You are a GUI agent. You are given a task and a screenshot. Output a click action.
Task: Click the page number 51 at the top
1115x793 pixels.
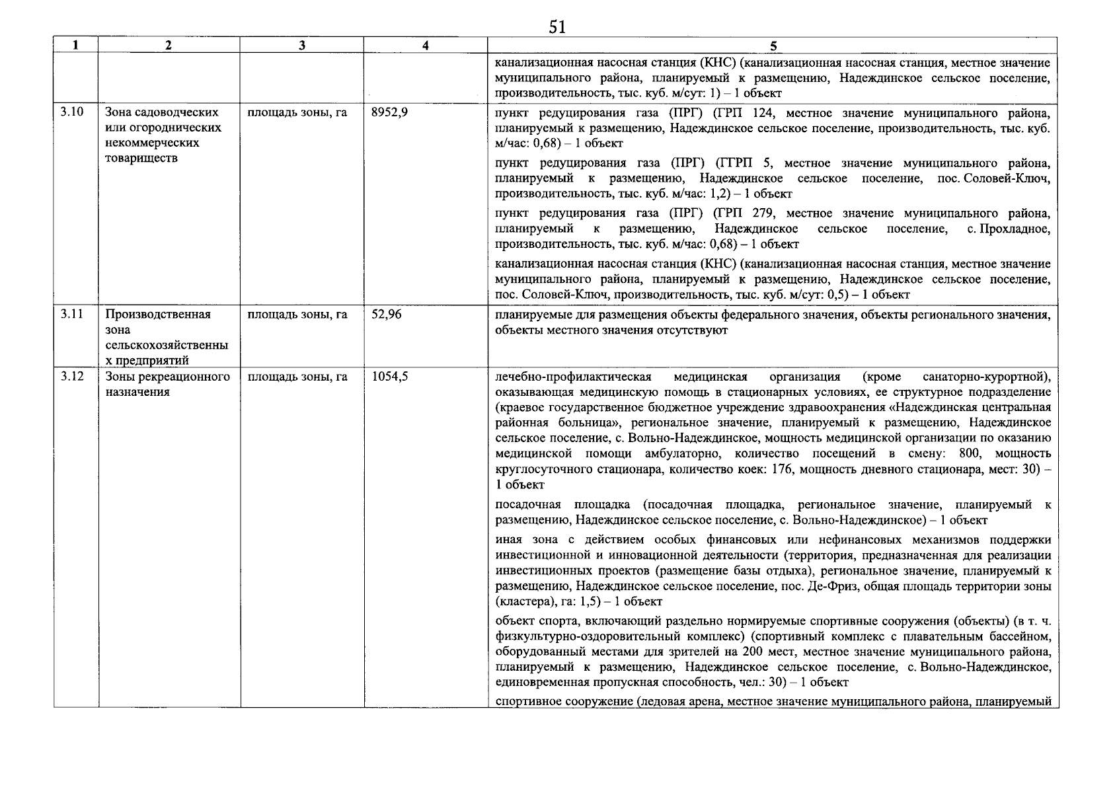(557, 26)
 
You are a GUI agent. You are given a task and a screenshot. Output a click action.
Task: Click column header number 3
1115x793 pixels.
(301, 45)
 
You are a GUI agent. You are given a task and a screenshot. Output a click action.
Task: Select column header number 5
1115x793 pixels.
(773, 45)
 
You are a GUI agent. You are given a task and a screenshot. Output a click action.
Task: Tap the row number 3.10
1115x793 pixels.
(72, 112)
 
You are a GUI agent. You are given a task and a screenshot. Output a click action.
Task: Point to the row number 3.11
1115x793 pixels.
(72, 314)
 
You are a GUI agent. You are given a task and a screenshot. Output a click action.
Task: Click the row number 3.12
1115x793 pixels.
(72, 377)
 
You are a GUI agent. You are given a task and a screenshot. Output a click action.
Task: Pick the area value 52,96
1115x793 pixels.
(386, 315)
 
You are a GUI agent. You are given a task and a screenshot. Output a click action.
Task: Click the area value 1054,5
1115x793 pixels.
(389, 377)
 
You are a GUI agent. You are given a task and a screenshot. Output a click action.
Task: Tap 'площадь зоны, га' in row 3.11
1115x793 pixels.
(297, 315)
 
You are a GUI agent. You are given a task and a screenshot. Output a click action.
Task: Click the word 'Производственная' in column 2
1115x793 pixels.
(158, 315)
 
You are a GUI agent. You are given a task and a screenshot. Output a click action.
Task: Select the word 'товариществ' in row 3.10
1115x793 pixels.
(141, 159)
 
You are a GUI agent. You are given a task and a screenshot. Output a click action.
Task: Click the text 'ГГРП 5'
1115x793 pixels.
(735, 163)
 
